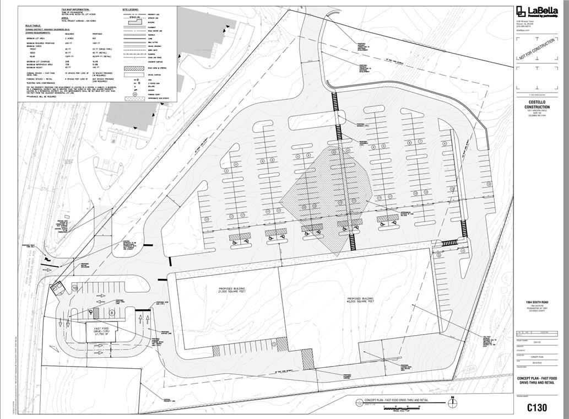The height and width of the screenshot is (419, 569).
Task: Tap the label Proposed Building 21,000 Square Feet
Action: [x=231, y=290]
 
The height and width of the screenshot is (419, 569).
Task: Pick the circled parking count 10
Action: [x=75, y=288]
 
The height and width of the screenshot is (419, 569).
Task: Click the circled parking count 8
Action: [x=111, y=313]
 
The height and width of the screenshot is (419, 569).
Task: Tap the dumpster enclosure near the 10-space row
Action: [x=56, y=288]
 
